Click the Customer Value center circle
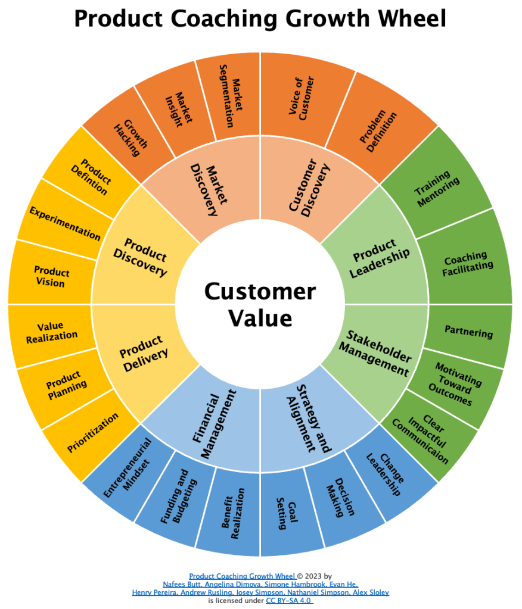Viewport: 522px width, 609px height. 260,304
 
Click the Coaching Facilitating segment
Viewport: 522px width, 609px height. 468,261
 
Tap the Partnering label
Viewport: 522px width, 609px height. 469,332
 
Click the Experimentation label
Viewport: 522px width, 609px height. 65,223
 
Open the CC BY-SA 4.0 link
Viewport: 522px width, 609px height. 289,601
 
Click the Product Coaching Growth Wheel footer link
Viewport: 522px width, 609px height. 242,576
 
